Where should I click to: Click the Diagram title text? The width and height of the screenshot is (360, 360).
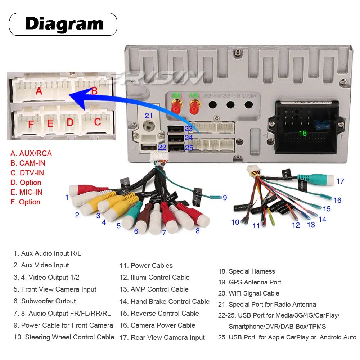64,24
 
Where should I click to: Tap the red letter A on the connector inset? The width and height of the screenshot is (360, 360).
39,91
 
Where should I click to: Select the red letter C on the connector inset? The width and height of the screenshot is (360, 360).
98,122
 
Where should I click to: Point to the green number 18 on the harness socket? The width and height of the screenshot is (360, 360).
303,133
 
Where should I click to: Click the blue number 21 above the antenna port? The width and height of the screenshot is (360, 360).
149,116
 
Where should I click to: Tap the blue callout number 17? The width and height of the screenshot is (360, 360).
340,181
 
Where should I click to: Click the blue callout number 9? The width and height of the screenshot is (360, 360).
225,197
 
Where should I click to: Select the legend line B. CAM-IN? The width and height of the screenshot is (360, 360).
28,163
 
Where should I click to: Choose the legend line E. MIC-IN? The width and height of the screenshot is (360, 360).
26,192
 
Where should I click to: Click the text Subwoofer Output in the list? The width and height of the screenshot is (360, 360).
48,301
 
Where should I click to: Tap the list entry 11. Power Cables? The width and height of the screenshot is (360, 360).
146,266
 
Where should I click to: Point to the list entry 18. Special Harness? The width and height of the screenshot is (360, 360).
247,271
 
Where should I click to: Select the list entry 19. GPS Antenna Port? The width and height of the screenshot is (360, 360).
250,282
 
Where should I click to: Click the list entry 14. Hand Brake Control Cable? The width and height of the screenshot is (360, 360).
165,302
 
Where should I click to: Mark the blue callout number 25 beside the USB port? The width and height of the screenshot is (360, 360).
189,148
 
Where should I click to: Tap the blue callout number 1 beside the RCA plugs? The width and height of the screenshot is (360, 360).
67,197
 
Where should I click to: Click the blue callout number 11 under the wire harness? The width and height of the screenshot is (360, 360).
256,226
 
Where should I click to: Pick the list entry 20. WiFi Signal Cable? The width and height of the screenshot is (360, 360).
249,293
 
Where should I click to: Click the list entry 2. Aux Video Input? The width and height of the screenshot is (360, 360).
41,265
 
